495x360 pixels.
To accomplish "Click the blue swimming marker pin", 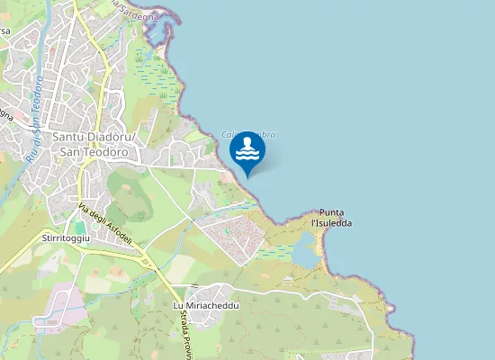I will pyautogui.click(x=247, y=151).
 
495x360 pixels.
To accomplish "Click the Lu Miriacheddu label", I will pyautogui.click(x=205, y=306).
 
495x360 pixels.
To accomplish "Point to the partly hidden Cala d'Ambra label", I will pyautogui.click(x=249, y=135).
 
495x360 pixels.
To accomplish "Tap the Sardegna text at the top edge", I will pyautogui.click(x=136, y=12).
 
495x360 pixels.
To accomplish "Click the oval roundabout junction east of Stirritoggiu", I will pyautogui.click(x=144, y=261).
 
